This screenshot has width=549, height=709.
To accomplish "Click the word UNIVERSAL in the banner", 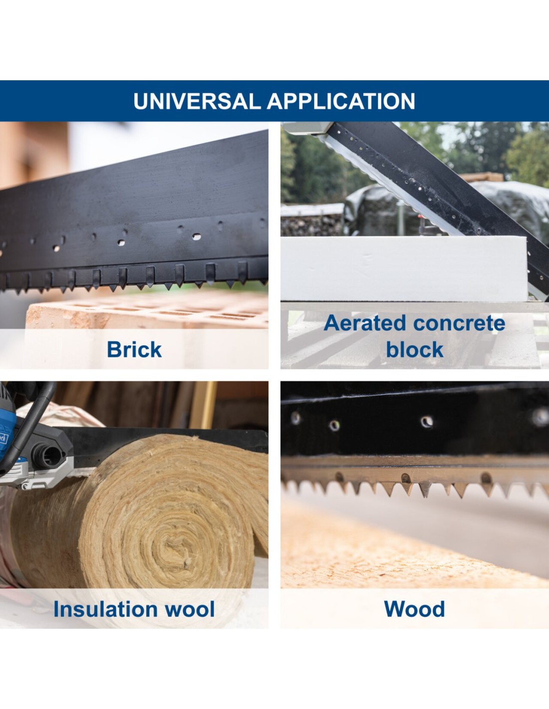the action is (197, 101).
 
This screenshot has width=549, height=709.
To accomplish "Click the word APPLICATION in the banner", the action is (341, 101).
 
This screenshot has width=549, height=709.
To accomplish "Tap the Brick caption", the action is (134, 350).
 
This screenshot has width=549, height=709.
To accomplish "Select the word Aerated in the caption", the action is (365, 323).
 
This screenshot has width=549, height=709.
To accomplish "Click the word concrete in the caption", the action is (459, 324).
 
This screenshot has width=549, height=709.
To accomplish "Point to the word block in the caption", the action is (414, 350).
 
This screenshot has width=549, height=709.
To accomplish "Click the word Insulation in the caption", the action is (106, 608).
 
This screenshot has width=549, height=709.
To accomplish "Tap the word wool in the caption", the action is (190, 609).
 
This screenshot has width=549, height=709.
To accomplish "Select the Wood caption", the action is (414, 609).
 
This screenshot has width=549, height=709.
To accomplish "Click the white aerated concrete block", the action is (404, 268).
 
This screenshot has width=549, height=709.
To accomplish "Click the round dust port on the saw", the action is (50, 456).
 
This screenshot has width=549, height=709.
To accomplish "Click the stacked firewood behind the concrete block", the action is (312, 225).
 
